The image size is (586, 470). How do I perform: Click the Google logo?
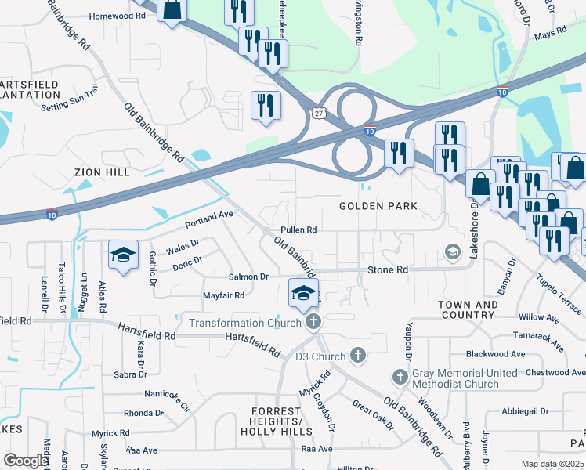click(x=26, y=461)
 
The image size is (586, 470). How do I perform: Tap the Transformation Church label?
click(x=244, y=323)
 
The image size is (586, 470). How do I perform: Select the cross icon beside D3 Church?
click(x=358, y=356)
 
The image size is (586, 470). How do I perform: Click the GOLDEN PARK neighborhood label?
click(x=378, y=206)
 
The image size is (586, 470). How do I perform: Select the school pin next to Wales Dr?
click(x=123, y=256)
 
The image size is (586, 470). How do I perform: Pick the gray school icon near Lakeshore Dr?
click(x=452, y=251)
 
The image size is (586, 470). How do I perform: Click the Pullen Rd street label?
click(x=299, y=230)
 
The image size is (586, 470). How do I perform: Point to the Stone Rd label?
click(x=388, y=269)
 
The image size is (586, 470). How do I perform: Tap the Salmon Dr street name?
click(x=248, y=277)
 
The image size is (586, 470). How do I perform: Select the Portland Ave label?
click(x=210, y=214)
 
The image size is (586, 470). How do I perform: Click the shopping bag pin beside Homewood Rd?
click(x=172, y=11)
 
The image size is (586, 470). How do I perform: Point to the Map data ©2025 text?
click(x=552, y=464)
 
